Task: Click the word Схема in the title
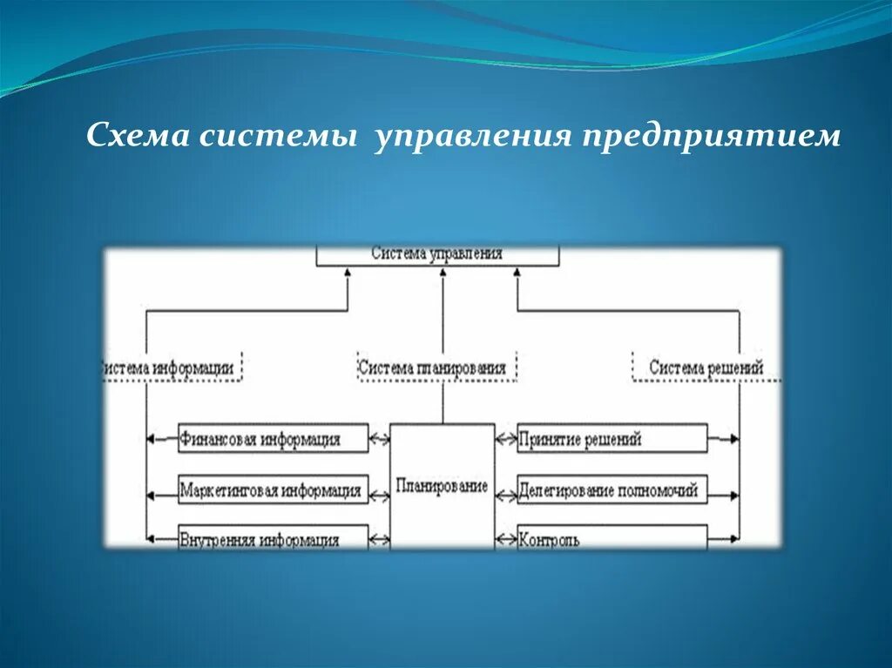click(139, 136)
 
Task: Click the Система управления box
click(436, 254)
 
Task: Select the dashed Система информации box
click(171, 368)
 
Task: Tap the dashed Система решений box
click(706, 368)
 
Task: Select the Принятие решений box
click(612, 439)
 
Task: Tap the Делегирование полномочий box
click(612, 490)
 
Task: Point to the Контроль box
click(612, 538)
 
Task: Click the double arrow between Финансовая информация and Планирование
click(379, 439)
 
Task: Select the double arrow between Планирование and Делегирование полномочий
click(506, 494)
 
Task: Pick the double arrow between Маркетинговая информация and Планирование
click(379, 495)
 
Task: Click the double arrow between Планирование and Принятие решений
click(506, 439)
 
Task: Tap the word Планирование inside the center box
click(442, 486)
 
